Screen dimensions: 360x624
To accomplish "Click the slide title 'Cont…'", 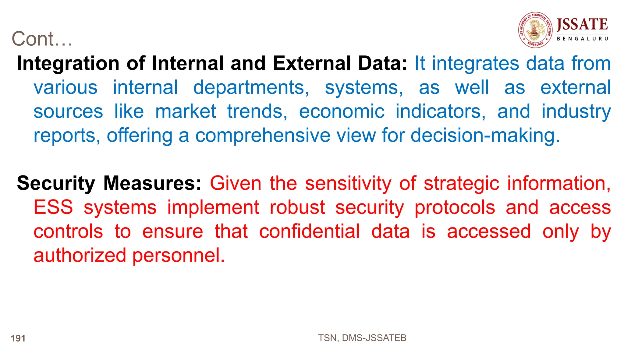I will pyautogui.click(x=42, y=39).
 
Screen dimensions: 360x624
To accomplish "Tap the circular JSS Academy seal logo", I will pyautogui.click(x=535, y=30).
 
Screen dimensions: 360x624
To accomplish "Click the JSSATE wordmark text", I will pyautogui.click(x=582, y=25).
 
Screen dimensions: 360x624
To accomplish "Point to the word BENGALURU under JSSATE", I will pyautogui.click(x=582, y=39).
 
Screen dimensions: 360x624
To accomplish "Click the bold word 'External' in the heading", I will pyautogui.click(x=312, y=63).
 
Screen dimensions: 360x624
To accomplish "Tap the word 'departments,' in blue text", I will pyautogui.click(x=251, y=88).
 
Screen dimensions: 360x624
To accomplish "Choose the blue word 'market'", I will pyautogui.click(x=186, y=111).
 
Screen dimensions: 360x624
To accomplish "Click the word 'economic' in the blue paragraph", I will pyautogui.click(x=342, y=111).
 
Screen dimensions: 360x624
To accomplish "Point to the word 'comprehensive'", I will pyautogui.click(x=263, y=136).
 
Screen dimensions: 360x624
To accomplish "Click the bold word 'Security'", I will pyautogui.click(x=56, y=183).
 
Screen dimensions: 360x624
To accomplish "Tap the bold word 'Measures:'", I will pyautogui.click(x=152, y=183).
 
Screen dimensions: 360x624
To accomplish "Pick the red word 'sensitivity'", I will pyautogui.click(x=348, y=183).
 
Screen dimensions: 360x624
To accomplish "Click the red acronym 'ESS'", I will pyautogui.click(x=53, y=207).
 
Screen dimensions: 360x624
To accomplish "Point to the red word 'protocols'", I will pyautogui.click(x=455, y=207).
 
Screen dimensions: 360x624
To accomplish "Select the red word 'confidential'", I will pyautogui.click(x=309, y=231).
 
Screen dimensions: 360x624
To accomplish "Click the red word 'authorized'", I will pyautogui.click(x=80, y=255).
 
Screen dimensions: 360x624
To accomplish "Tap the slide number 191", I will pyautogui.click(x=18, y=338).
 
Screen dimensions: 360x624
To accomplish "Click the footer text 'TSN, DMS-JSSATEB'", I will pyautogui.click(x=362, y=338).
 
